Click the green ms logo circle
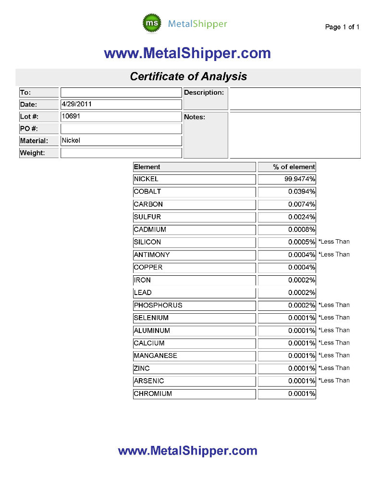[153, 24]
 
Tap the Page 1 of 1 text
[342, 27]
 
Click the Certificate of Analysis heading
[188, 76]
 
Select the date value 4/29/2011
[77, 103]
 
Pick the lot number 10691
[71, 116]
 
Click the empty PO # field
[121, 129]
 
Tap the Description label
[204, 92]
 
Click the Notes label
[195, 117]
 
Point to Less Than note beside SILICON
[334, 242]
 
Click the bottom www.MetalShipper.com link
[187, 451]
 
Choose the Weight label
[32, 153]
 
